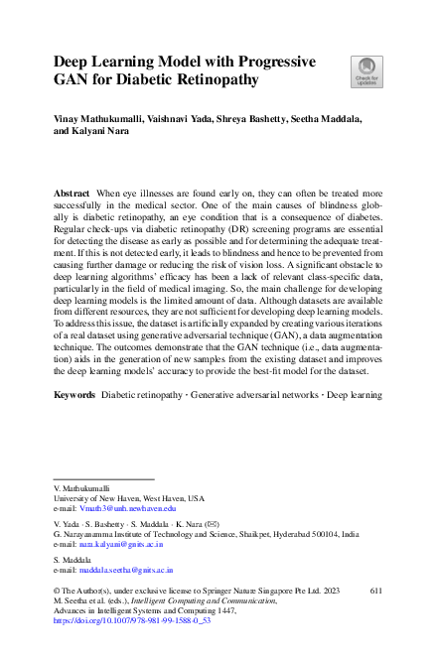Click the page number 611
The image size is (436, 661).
pos(375,589)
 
